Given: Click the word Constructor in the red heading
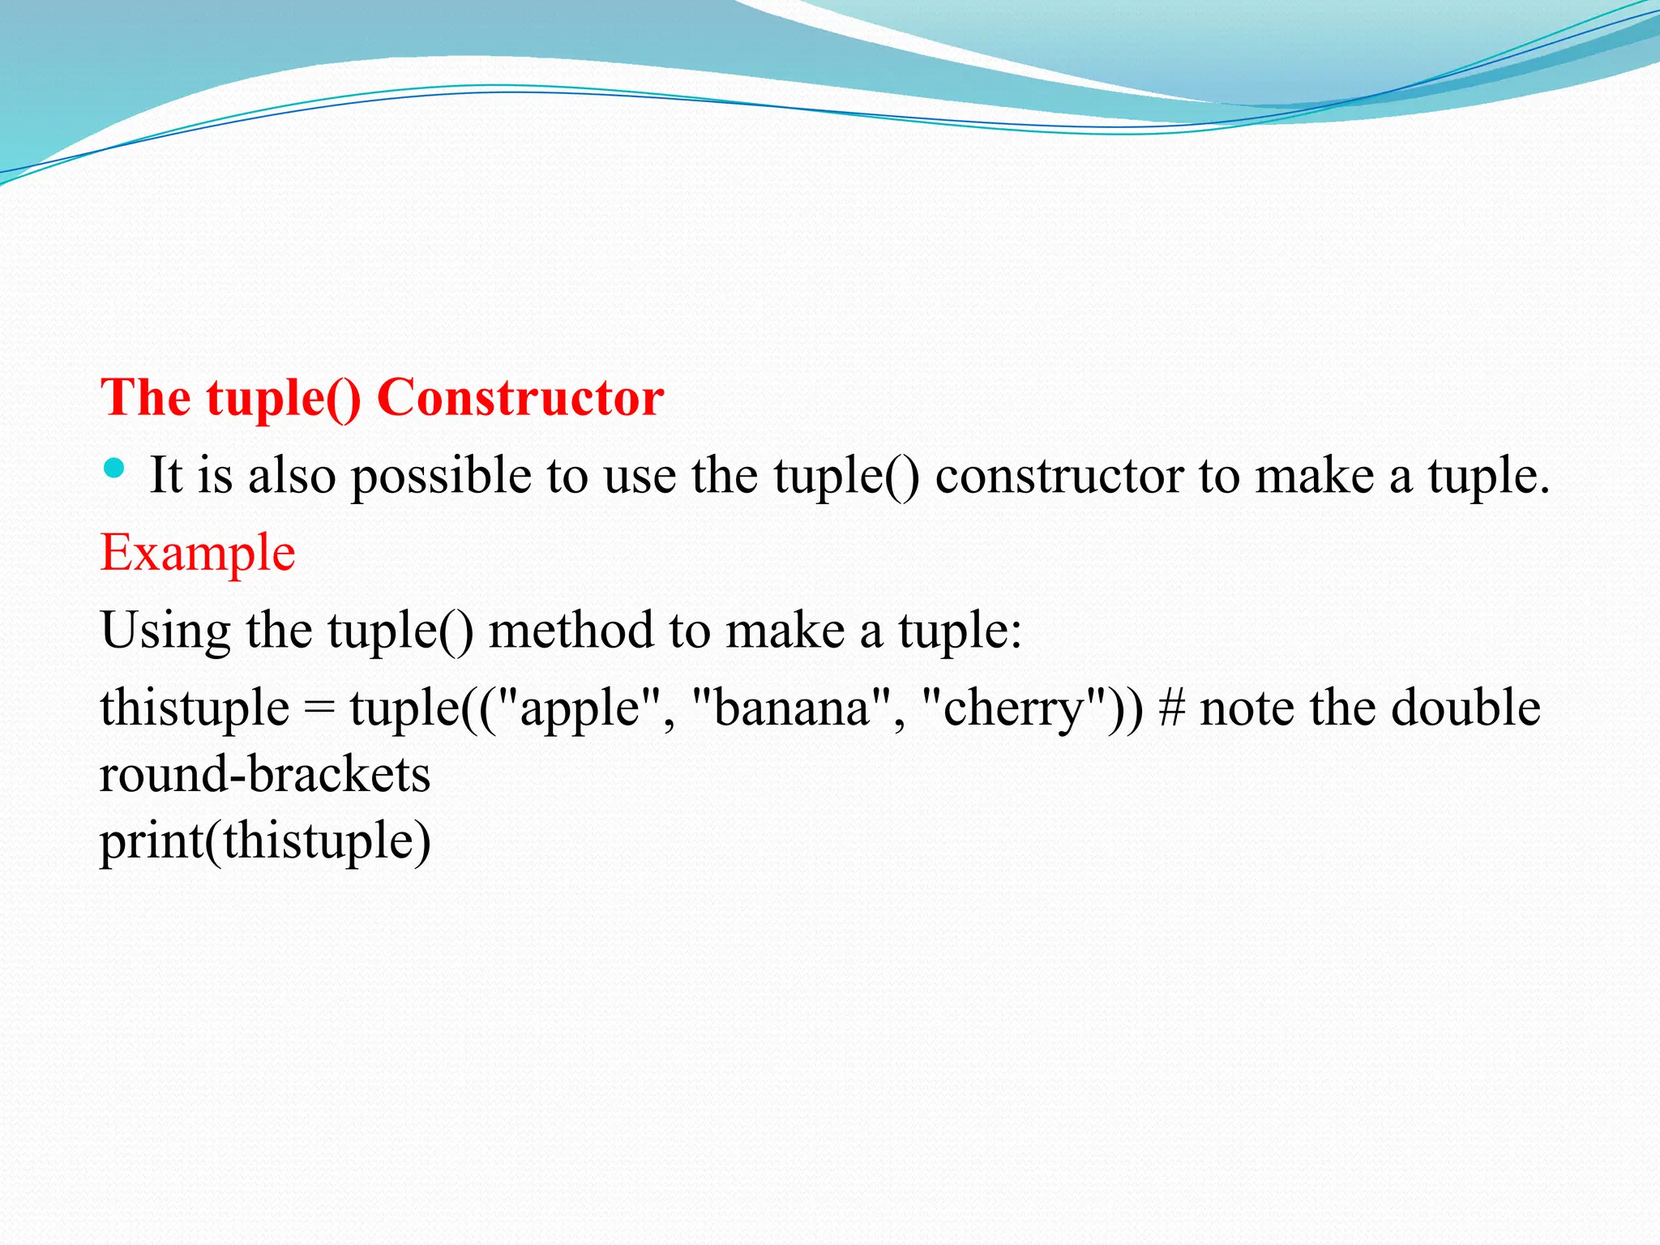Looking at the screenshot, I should pyautogui.click(x=520, y=398).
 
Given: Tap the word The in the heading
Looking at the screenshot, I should pyautogui.click(x=146, y=398).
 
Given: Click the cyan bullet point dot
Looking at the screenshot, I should pyautogui.click(x=114, y=468).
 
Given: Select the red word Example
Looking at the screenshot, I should pyautogui.click(x=198, y=554).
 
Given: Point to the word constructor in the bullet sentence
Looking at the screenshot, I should pyautogui.click(x=1059, y=476).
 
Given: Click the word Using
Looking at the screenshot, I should pyautogui.click(x=165, y=631).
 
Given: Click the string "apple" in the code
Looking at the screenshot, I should pyautogui.click(x=577, y=708).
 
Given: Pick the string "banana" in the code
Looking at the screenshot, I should pyautogui.click(x=791, y=708).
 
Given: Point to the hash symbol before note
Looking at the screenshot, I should pyautogui.click(x=1171, y=708).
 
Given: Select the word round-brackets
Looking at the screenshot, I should pyautogui.click(x=264, y=775).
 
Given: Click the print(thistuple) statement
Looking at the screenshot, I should pyautogui.click(x=264, y=841).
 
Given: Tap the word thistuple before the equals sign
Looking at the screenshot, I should pyautogui.click(x=195, y=708).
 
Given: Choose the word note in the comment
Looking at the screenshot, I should pyautogui.click(x=1248, y=708).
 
